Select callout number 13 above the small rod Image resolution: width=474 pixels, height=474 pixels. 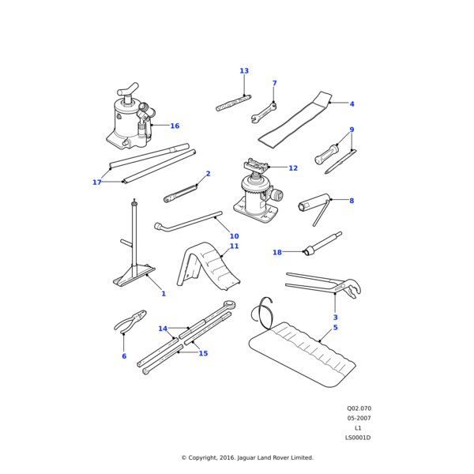tap(244, 71)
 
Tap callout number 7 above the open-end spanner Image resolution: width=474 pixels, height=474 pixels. tap(274, 84)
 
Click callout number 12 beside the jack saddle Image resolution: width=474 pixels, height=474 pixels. tap(293, 168)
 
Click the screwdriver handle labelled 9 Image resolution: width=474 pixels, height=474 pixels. tap(326, 155)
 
